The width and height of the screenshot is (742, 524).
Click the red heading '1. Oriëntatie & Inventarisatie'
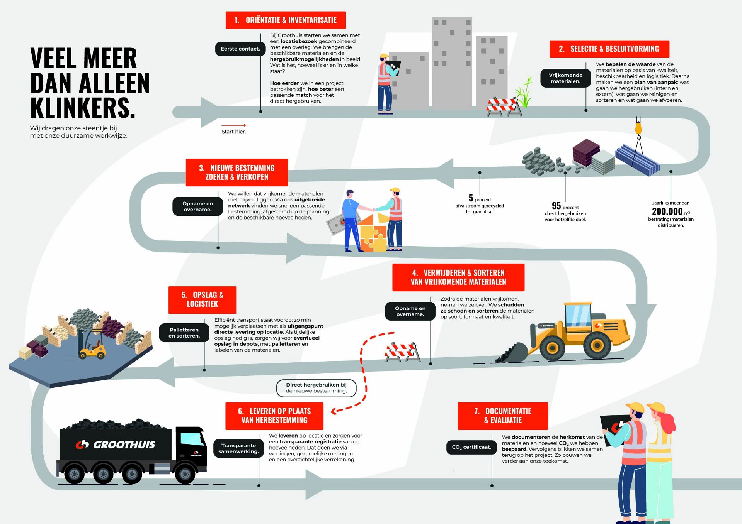286,20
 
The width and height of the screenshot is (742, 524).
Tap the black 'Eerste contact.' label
240,49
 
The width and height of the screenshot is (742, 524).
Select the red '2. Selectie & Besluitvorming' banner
609,49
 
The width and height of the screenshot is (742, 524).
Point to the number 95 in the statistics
556,206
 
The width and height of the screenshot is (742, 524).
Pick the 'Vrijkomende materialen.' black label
565,78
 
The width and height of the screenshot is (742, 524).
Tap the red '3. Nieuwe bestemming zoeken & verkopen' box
237,172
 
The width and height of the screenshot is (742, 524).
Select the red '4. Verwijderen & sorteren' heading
458,277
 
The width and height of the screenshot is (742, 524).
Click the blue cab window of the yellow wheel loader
578,315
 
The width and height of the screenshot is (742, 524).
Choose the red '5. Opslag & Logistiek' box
202,299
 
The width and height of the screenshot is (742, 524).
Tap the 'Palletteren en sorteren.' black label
184,333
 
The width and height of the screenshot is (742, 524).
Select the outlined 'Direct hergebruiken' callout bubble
316,388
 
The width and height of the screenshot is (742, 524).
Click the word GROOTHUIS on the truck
124,445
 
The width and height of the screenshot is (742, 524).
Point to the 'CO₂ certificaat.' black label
471,447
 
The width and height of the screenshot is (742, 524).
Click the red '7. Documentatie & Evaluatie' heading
502,416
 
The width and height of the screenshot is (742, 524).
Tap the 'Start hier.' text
233,132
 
